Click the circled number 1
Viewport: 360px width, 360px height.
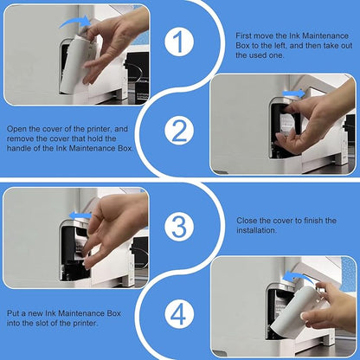179,42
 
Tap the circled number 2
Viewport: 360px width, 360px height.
179,131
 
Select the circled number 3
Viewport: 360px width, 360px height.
179,227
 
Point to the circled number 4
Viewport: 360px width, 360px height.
179,315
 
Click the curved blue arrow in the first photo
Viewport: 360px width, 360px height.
75,21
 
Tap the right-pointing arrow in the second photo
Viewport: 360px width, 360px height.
293,93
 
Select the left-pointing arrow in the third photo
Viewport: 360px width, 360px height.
80,215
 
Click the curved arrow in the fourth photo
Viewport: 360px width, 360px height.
295,276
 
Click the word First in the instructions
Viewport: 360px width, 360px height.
243,35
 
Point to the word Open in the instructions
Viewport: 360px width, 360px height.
16,129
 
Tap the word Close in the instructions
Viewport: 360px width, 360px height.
247,221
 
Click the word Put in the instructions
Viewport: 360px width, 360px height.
13,313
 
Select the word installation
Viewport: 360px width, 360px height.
256,230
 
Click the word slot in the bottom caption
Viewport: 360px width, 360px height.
42,323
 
